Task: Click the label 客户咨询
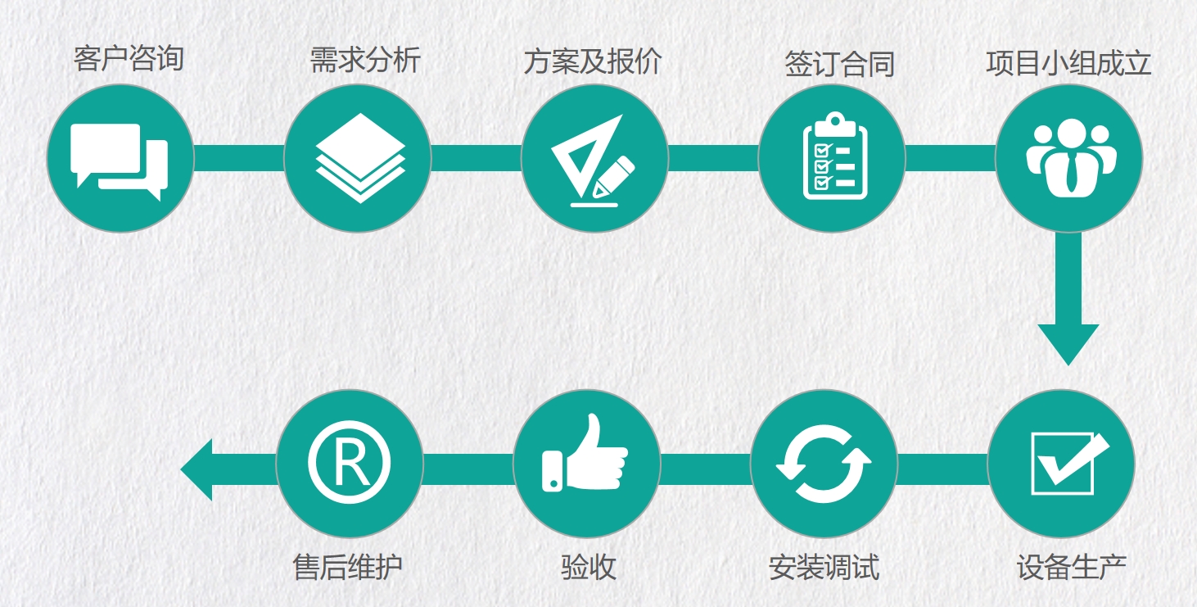tap(129, 59)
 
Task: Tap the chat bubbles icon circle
tap(120, 158)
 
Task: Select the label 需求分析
tap(365, 60)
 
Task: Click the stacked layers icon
tap(358, 158)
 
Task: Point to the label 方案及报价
tap(592, 63)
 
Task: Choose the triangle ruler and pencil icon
tap(594, 158)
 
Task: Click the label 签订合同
tap(840, 64)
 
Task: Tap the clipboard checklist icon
tap(833, 158)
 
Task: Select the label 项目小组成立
tap(1069, 64)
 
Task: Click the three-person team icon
tap(1070, 158)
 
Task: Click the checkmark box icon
tap(1062, 464)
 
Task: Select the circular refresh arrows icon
tap(824, 464)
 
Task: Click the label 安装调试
tap(824, 567)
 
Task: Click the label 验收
tap(589, 567)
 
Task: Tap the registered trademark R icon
tap(350, 463)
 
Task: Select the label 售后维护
tap(348, 567)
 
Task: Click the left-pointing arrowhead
tap(198, 469)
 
